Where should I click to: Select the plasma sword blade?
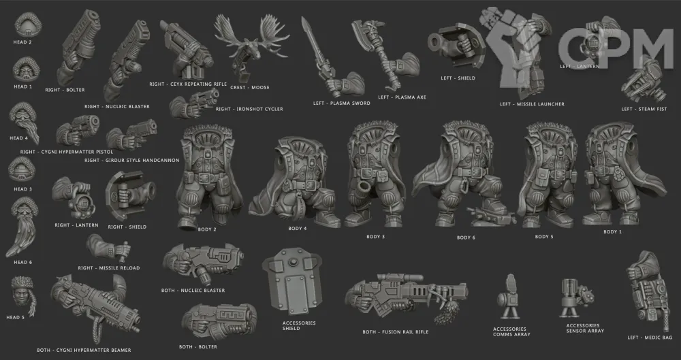point(311,48)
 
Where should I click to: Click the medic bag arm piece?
point(648,292)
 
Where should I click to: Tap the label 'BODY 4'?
point(298,229)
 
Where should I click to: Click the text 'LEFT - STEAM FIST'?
point(644,109)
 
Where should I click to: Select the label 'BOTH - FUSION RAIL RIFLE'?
point(395,332)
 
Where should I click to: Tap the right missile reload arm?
point(108,248)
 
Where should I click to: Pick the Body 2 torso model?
point(208,175)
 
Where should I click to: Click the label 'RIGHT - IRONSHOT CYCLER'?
point(249,109)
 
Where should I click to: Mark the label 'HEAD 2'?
point(22,42)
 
